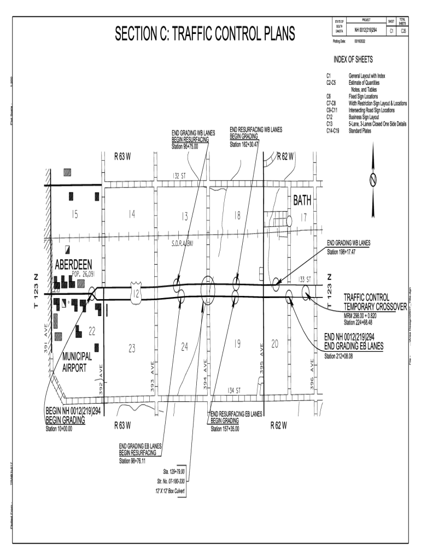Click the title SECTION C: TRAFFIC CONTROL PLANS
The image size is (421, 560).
point(204,34)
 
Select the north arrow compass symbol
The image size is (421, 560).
point(374,179)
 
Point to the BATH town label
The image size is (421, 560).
point(302,201)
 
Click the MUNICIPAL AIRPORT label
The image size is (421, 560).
point(77,362)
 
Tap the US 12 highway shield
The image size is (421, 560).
point(136,294)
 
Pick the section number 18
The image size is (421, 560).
point(237,215)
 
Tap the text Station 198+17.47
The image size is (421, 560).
point(341,252)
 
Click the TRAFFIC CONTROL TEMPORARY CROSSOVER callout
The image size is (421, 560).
point(375,302)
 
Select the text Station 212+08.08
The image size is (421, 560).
point(338,356)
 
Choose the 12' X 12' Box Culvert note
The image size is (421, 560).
point(170,491)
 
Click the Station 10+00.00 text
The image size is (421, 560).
point(59,429)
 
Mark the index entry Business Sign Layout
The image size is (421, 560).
point(364,116)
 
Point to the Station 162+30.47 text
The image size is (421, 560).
point(244,144)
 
